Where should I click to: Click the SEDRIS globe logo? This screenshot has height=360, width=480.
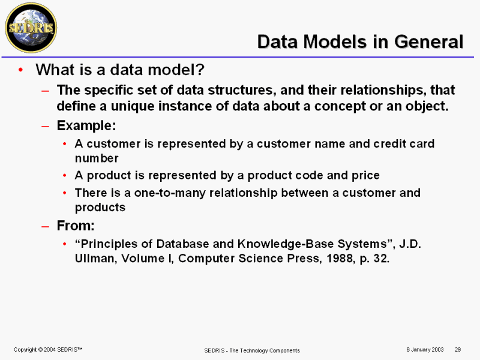coord(31,28)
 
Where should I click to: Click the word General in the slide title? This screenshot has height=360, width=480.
coord(429,41)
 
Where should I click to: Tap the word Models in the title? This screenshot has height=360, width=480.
coord(335,41)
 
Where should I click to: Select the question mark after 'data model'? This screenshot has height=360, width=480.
coord(200,70)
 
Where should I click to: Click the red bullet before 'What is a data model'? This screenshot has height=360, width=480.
coord(20,70)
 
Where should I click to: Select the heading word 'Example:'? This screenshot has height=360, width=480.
coord(86,125)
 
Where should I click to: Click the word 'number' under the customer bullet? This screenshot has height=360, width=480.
coord(97,158)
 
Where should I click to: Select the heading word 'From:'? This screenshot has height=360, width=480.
coord(76,226)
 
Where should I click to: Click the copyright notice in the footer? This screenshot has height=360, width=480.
coord(48,350)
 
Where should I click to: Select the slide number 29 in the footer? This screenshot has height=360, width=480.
coord(458,350)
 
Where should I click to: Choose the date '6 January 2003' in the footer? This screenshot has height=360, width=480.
coord(425,350)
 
